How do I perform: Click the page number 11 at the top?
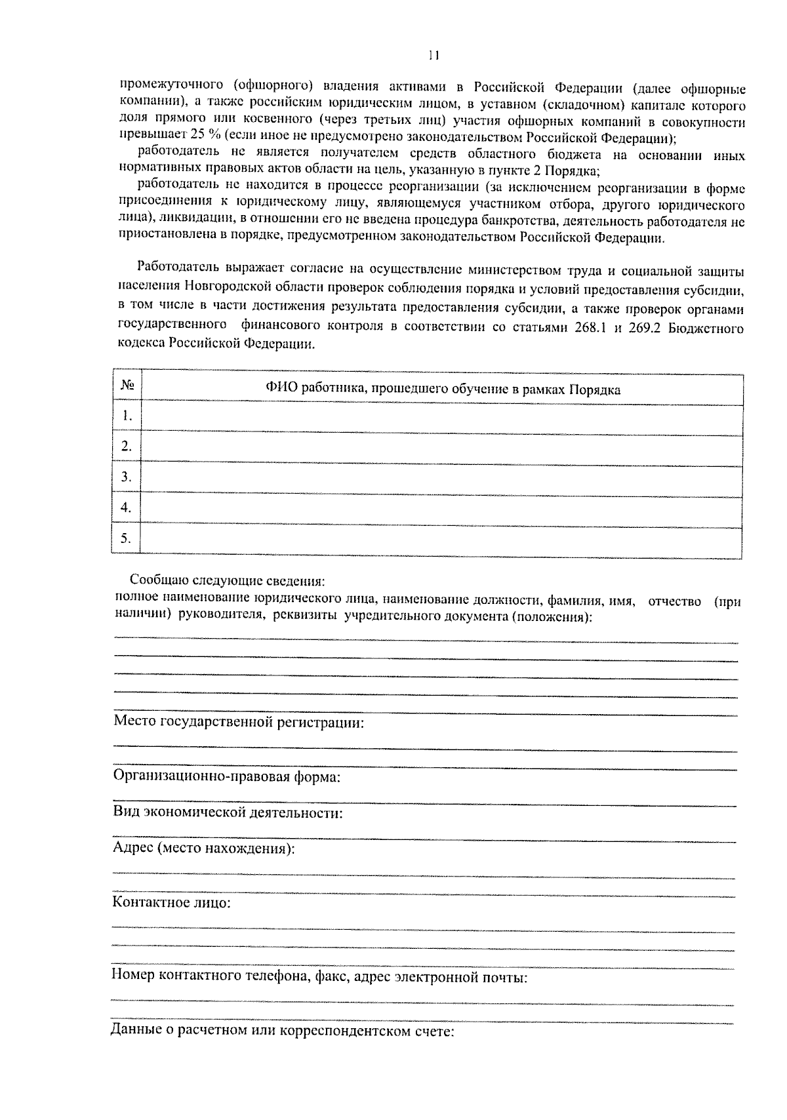tap(434, 56)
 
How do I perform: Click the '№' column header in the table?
tap(127, 386)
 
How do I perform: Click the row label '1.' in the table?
tap(127, 416)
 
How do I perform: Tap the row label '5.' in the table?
tap(127, 539)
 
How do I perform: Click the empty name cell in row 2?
tap(441, 447)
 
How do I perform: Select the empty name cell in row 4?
tap(441, 508)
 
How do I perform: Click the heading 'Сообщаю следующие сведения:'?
tap(227, 581)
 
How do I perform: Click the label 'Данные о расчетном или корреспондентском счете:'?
tap(283, 1031)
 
